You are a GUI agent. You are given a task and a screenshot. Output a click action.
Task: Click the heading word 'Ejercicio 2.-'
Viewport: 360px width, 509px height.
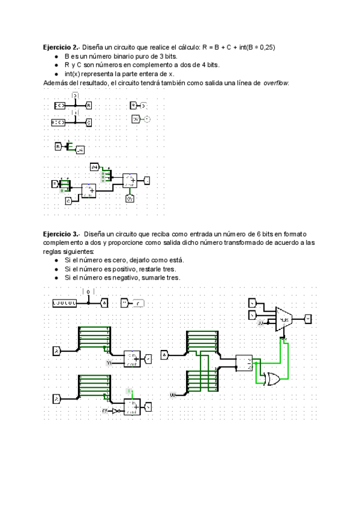tap(60, 47)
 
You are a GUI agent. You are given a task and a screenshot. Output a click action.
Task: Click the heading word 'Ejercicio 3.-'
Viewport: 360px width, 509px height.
tap(60, 233)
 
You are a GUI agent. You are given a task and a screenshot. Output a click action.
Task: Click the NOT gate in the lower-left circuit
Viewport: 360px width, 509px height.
tap(116, 411)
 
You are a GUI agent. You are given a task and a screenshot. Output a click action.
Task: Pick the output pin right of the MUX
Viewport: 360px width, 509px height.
tap(308, 318)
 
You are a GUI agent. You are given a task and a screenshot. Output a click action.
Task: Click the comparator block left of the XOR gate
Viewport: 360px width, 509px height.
tap(244, 362)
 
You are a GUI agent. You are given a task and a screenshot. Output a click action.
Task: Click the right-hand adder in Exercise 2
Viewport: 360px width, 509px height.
tap(130, 179)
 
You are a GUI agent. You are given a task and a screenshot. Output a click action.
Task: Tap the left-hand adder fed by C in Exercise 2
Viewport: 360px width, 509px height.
tap(89, 190)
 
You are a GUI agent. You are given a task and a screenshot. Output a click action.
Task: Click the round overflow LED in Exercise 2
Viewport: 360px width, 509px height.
tap(147, 119)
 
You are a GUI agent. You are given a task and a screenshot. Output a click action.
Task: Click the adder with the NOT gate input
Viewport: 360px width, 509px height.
tap(132, 406)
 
